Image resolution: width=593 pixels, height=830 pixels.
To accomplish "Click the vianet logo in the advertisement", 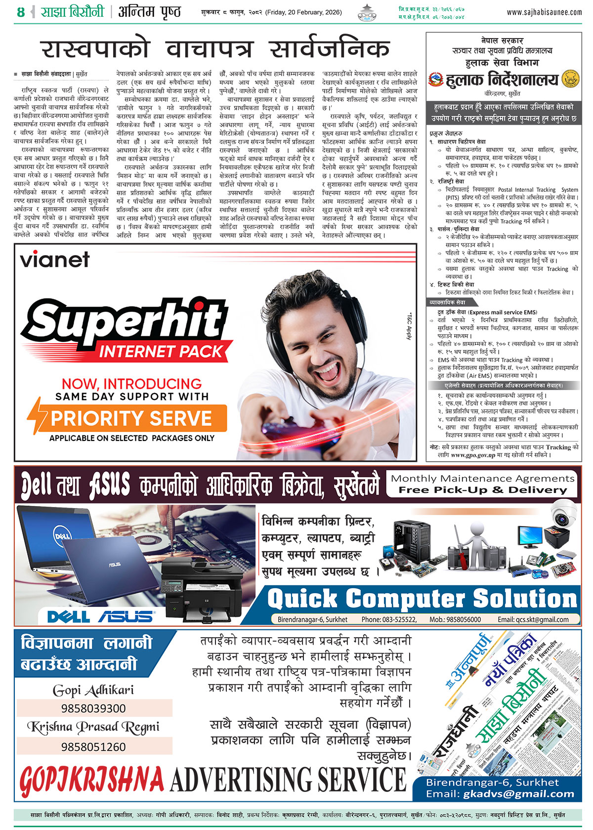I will (x=55, y=260).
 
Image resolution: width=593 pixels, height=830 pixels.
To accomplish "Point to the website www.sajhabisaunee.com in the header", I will (x=544, y=12).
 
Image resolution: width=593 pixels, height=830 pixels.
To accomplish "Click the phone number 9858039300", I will (x=93, y=708).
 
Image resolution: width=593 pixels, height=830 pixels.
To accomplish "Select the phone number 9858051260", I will (x=93, y=746).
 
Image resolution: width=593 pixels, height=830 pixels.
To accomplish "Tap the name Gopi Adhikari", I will (x=93, y=690).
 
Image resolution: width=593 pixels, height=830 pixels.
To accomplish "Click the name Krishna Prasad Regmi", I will (x=93, y=727).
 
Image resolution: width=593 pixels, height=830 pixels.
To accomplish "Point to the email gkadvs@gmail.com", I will (x=519, y=794).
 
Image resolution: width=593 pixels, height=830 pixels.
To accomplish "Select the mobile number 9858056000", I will (x=463, y=619).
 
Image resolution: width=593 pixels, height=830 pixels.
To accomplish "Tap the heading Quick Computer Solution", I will (x=422, y=599).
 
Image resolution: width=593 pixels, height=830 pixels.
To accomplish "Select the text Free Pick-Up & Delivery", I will (x=483, y=490).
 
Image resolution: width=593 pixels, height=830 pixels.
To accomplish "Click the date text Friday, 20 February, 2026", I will (x=303, y=12).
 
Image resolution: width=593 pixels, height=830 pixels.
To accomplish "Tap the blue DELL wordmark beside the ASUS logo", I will (x=68, y=616).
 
